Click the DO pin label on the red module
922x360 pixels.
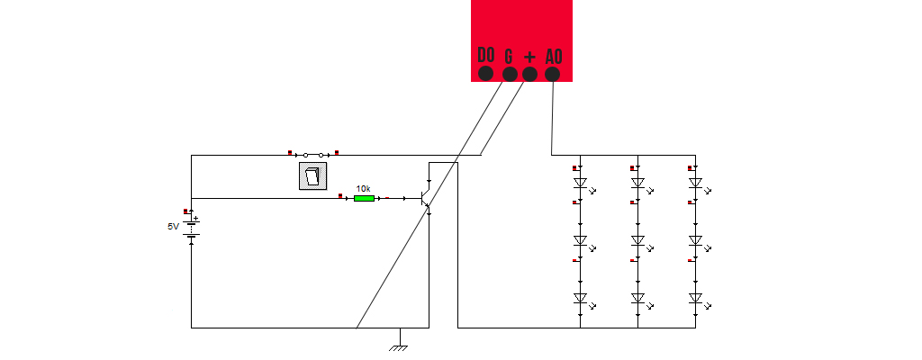click(486, 55)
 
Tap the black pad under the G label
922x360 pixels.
click(509, 74)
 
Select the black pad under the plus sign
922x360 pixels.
click(530, 74)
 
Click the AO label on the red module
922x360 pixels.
click(554, 56)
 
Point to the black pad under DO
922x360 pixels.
click(486, 74)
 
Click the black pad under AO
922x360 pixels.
click(553, 74)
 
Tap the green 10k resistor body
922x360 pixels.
click(364, 198)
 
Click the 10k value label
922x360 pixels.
click(363, 188)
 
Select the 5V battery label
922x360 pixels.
click(173, 227)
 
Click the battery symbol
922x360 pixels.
click(192, 228)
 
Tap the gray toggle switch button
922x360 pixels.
click(312, 176)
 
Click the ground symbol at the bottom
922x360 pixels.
click(398, 345)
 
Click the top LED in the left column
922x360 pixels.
click(581, 183)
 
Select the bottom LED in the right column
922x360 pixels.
click(695, 298)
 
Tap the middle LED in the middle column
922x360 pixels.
click(638, 240)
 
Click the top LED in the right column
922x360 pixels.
click(695, 183)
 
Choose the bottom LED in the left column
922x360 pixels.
click(581, 298)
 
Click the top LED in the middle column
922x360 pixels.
click(638, 183)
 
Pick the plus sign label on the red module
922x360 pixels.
click(530, 56)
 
